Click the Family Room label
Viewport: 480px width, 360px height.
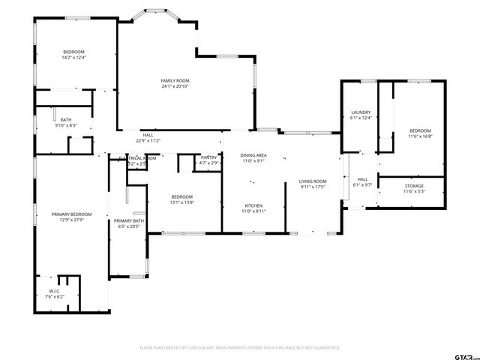(x=175, y=80)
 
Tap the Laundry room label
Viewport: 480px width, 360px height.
(x=361, y=112)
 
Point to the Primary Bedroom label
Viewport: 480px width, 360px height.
(x=67, y=214)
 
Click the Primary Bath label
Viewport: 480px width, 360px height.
(x=128, y=220)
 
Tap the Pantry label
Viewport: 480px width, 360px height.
(x=209, y=157)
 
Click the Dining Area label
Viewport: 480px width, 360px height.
(x=253, y=155)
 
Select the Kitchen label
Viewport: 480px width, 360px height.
(x=253, y=205)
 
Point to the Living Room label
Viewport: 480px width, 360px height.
(x=313, y=181)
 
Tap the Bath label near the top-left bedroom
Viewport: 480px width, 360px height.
(x=66, y=120)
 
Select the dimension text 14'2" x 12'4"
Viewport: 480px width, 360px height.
(x=73, y=57)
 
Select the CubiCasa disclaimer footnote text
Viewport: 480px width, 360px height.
(x=240, y=347)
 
